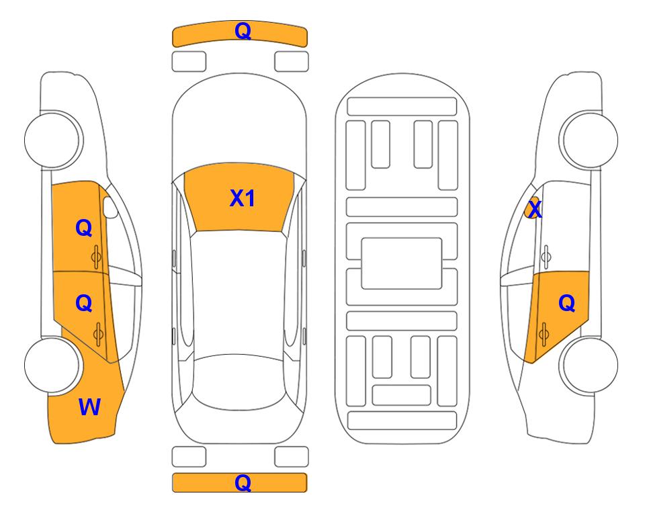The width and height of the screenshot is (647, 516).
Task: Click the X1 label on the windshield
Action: point(243,198)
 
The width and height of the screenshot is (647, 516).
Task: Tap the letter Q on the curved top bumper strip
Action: point(243,31)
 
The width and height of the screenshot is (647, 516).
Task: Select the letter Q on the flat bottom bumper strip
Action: point(243,482)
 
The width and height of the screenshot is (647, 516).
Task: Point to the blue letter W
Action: point(89,407)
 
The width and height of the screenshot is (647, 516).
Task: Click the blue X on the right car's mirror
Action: point(535,209)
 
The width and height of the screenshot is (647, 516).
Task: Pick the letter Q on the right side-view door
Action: point(566,304)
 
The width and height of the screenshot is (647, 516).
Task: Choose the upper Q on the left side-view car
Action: point(84,228)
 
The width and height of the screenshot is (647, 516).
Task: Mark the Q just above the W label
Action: point(84,304)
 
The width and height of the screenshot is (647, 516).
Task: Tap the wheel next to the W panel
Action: point(52,365)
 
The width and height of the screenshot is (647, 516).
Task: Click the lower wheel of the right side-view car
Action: point(589,365)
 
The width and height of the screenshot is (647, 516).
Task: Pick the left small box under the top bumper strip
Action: point(189,62)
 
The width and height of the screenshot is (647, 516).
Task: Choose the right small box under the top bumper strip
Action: point(292,62)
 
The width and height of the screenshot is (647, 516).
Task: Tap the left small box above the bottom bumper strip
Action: point(189,457)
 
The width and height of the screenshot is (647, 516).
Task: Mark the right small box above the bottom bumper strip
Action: point(292,457)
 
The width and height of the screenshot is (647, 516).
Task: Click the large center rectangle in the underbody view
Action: point(402,263)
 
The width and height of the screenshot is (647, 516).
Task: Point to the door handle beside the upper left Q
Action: point(96,257)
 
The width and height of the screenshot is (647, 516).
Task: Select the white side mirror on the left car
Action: point(110,207)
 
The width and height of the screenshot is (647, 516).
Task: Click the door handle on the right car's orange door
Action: point(544,334)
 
